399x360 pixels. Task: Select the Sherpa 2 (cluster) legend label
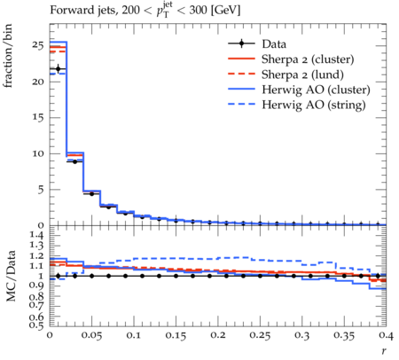[x=308, y=59]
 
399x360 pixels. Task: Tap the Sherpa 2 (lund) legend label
[x=302, y=74]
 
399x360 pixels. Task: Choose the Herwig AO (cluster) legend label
[x=316, y=90]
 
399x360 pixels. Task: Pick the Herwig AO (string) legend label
[x=314, y=105]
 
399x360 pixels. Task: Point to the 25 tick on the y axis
[x=38, y=45]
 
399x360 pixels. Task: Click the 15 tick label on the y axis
[x=38, y=117]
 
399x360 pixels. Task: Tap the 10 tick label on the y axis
[x=38, y=153]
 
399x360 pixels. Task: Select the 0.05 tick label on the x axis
[x=91, y=335]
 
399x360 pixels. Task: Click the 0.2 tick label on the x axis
[x=218, y=335]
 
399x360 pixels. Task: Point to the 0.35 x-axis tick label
[x=344, y=335]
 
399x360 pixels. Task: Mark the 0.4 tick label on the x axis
[x=386, y=335]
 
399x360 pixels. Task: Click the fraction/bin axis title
[x=8, y=56]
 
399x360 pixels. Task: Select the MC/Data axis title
[x=11, y=276]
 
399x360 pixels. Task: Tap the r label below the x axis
[x=384, y=351]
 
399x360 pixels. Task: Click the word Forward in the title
[x=67, y=10]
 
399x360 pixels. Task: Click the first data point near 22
[x=58, y=69]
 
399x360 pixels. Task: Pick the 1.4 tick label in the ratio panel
[x=37, y=235]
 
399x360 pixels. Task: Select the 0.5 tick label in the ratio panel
[x=37, y=325]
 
